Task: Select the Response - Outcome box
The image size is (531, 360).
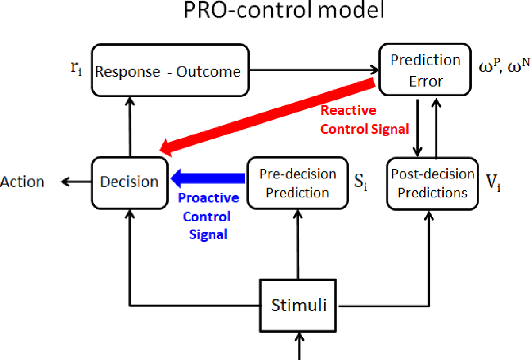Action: click(x=169, y=70)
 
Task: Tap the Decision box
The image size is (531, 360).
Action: click(x=129, y=181)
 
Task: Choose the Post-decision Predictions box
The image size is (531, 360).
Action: click(x=433, y=183)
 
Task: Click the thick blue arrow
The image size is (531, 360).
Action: click(x=208, y=178)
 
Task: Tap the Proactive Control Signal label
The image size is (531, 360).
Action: click(x=208, y=217)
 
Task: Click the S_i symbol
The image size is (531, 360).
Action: click(x=358, y=182)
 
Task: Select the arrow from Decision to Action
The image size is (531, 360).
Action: click(x=76, y=181)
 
